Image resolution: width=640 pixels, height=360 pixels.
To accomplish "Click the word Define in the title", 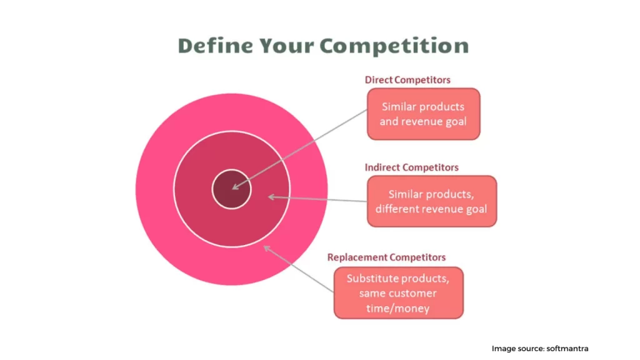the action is coord(216,45).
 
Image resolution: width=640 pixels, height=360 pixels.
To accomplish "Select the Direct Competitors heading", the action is coord(407,80).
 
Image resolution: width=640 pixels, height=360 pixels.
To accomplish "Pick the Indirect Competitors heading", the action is coord(411,167).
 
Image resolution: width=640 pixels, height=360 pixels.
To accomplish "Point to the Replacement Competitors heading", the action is coord(386,257).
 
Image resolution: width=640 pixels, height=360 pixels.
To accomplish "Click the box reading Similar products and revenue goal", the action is coord(424,114).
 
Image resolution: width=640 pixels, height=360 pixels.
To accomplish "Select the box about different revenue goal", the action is coord(432,201).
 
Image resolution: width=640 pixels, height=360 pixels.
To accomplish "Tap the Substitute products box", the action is coord(398,292).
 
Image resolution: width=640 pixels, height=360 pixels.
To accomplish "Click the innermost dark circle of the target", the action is coord(231,189).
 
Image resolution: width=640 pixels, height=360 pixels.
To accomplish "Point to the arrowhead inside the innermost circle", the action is coord(235,187).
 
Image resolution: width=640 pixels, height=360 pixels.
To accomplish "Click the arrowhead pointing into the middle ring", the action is coord(271,197).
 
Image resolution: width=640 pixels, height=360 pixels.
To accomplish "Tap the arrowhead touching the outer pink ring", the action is coord(266,248).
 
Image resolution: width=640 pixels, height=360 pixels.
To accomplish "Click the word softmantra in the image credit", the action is coord(567,349).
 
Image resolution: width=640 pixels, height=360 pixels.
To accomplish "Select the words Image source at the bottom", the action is coord(517,349).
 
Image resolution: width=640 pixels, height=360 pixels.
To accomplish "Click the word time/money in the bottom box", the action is coord(397,308).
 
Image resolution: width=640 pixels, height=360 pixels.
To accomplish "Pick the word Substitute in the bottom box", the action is coord(366,278).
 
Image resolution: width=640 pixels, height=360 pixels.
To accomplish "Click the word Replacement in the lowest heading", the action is coord(355,257).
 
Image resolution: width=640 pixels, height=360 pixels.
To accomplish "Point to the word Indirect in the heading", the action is coord(382,167).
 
